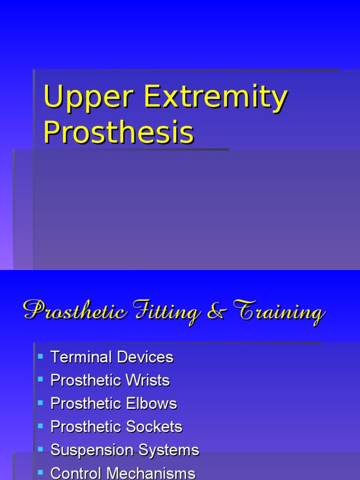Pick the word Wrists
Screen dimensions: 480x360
coord(146,380)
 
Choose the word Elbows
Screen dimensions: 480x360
coord(153,404)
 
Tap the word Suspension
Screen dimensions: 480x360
coord(86,450)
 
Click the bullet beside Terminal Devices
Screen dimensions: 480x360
coord(40,356)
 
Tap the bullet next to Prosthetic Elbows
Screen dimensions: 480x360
coord(40,403)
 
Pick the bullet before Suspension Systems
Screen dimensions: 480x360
coord(40,449)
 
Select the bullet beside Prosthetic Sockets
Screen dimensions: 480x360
coord(40,426)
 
